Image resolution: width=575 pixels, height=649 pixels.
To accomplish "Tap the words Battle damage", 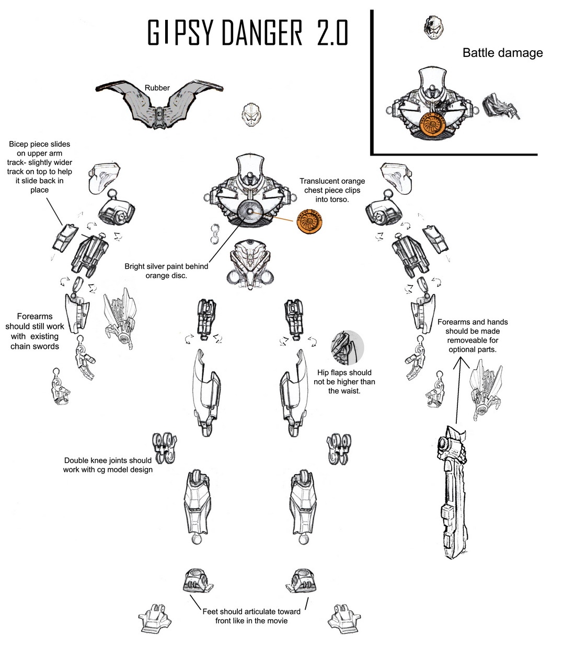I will [x=502, y=53].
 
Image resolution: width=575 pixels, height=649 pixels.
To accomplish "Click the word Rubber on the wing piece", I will [x=157, y=88].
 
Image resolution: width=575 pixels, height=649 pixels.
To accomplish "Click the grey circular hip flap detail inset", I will [x=347, y=347].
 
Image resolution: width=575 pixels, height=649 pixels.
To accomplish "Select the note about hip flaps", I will [x=344, y=382].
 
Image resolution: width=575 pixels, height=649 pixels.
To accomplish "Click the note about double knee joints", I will [x=108, y=465].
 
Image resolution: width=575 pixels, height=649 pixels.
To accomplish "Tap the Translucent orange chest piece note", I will [x=332, y=190].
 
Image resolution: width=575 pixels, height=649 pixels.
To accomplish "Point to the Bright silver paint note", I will [x=166, y=270].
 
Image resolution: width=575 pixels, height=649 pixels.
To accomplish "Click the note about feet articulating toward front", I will [x=251, y=616].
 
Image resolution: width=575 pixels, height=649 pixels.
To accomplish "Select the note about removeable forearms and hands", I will [x=473, y=336].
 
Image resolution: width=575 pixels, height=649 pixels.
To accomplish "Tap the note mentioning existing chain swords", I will [x=34, y=331].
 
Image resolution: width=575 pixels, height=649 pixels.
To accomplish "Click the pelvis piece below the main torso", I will [x=252, y=263].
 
